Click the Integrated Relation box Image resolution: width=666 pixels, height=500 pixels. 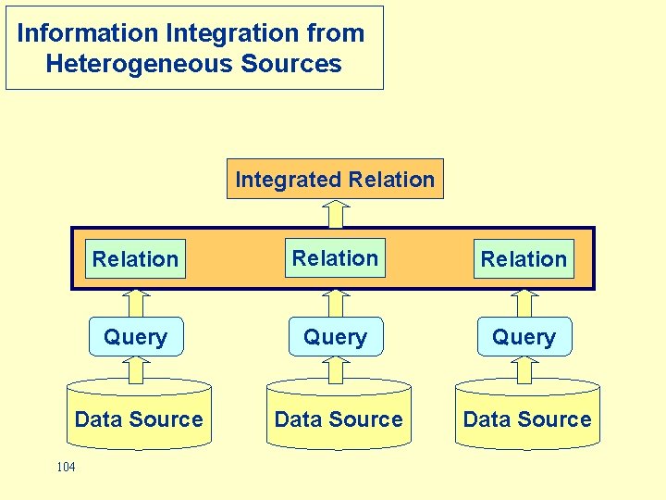click(x=335, y=180)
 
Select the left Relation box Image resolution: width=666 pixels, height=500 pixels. click(x=135, y=259)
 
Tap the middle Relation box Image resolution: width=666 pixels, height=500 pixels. click(x=335, y=258)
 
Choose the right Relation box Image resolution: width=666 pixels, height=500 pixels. click(x=524, y=259)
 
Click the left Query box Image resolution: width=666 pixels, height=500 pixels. click(x=135, y=337)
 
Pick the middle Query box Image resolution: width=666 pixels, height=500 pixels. click(x=335, y=337)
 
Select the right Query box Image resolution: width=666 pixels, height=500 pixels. click(x=524, y=337)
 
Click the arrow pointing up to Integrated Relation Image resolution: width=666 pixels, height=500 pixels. click(x=337, y=213)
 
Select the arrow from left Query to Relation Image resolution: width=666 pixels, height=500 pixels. click(x=137, y=303)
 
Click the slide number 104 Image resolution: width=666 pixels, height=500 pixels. click(x=66, y=467)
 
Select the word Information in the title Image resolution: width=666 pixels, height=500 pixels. click(x=88, y=33)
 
